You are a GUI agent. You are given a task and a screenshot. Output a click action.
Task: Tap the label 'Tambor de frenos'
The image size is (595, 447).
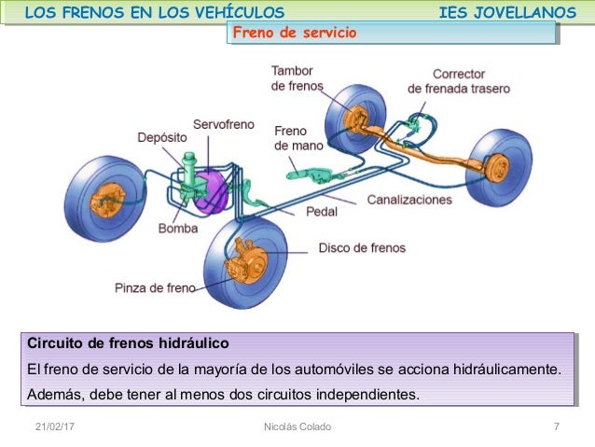(x=297, y=78)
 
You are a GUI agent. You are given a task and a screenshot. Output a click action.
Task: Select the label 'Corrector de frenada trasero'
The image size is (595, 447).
(x=458, y=81)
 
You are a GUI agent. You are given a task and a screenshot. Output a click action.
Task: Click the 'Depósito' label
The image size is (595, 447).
(x=162, y=137)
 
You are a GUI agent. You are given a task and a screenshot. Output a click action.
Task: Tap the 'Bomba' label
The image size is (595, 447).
(x=177, y=228)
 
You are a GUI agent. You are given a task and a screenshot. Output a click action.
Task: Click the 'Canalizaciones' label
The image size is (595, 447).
(x=408, y=200)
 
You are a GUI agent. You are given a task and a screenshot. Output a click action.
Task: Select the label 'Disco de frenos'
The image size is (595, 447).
(x=362, y=248)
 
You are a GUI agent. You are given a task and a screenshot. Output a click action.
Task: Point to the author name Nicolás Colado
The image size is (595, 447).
(x=297, y=426)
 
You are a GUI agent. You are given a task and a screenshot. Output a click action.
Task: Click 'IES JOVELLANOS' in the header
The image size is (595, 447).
(x=506, y=12)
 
